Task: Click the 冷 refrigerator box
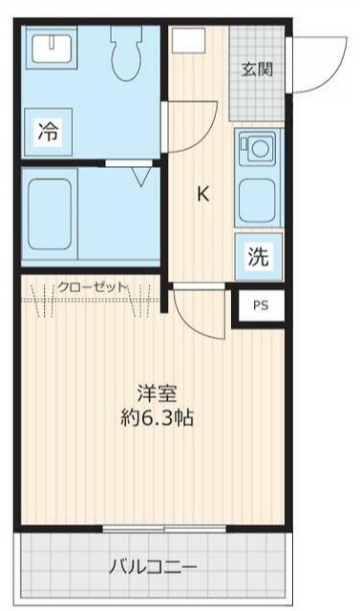point(48,133)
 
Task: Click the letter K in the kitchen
point(202,194)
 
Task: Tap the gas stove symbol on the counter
point(258,148)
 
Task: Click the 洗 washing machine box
point(259,256)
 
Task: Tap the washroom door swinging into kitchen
point(186,129)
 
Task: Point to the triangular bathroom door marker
point(141,177)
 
